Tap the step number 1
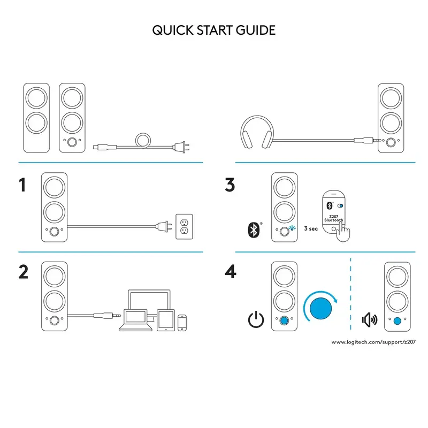click(x=22, y=185)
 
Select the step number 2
click(x=24, y=271)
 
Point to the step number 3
click(x=230, y=185)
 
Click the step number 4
click(x=231, y=271)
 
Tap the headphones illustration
click(x=255, y=133)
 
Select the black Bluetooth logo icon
click(x=253, y=230)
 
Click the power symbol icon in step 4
click(x=256, y=320)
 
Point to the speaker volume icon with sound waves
click(x=370, y=320)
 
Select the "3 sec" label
click(x=311, y=228)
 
